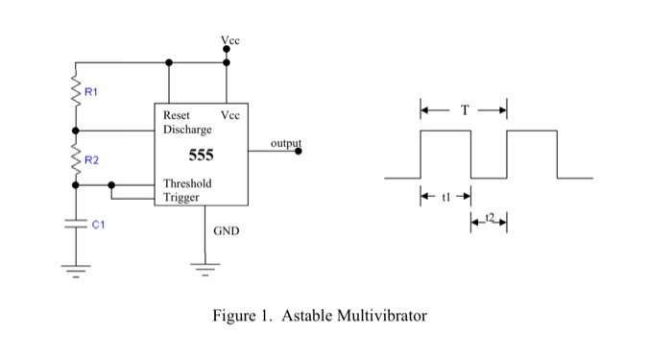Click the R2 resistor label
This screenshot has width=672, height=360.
(x=91, y=158)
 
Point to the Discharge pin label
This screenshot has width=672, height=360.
(x=188, y=129)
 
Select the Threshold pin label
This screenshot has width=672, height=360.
(x=188, y=183)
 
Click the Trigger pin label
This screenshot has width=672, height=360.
(x=182, y=197)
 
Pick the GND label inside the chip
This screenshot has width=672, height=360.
(x=227, y=231)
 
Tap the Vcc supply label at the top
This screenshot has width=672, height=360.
(x=230, y=40)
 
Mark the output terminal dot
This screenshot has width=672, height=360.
(x=299, y=151)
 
